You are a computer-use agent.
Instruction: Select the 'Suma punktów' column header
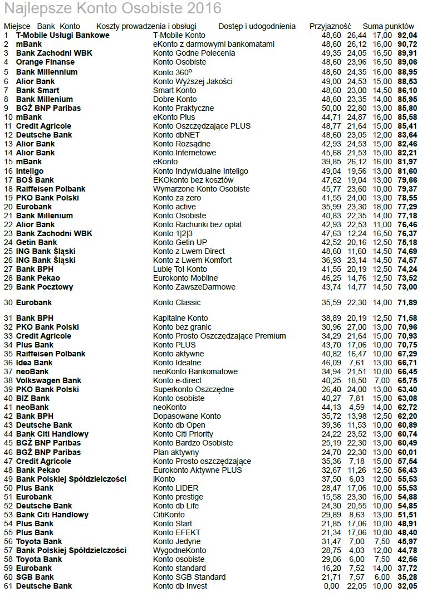coord(388,26)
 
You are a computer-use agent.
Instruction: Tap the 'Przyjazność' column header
coord(330,26)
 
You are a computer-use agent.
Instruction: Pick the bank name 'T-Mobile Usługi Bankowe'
coord(62,35)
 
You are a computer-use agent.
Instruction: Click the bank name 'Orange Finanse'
coord(45,62)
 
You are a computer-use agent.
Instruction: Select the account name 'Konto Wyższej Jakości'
coord(193,81)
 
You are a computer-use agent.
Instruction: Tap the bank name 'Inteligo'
coord(30,171)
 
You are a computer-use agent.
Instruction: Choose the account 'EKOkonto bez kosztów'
coord(193,180)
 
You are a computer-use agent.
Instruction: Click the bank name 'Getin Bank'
coord(36,242)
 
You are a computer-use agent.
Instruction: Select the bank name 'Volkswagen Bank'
coord(48,380)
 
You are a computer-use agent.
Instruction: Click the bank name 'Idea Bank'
coord(35,363)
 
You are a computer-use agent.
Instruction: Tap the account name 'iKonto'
coord(164,479)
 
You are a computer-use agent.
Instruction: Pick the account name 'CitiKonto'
coord(169,515)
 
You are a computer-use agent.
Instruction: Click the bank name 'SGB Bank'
coord(35,577)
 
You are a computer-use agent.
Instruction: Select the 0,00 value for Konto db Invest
coord(331,586)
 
